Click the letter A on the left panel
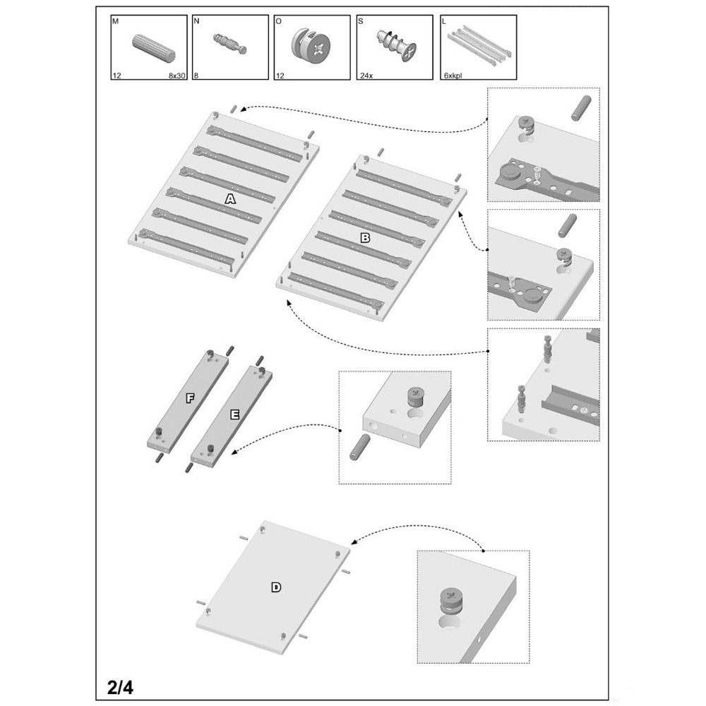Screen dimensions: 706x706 tap(230, 198)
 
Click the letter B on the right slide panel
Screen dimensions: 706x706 tap(365, 238)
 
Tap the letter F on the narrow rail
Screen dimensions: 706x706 tap(190, 398)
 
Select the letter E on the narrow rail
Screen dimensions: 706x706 tap(234, 414)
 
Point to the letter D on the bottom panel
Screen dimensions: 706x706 tap(276, 587)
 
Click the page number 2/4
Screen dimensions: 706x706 tap(120, 688)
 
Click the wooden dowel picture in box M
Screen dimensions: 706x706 tap(153, 48)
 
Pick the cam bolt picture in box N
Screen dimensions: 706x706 tap(230, 43)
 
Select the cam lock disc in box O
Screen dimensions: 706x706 tap(311, 45)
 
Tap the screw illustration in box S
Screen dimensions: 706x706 tap(396, 45)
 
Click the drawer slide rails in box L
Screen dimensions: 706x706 tap(478, 45)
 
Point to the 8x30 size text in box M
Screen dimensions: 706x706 tap(177, 76)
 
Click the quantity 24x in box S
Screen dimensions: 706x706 tap(366, 76)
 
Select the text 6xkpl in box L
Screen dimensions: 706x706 tap(453, 76)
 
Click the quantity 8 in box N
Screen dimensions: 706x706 tap(196, 76)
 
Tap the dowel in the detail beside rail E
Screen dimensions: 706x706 tap(360, 447)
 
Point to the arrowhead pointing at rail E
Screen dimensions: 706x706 tap(234, 452)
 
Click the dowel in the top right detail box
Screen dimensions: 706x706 tap(581, 108)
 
